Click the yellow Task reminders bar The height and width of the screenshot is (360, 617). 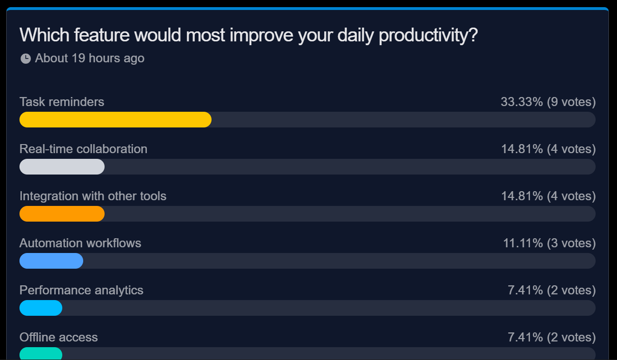click(x=115, y=120)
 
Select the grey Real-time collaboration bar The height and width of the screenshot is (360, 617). click(x=62, y=167)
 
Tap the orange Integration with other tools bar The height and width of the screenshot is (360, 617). click(x=62, y=214)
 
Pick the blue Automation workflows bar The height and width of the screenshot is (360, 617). click(x=51, y=261)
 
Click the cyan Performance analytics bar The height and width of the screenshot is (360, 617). click(x=41, y=308)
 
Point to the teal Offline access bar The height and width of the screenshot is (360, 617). click(x=41, y=354)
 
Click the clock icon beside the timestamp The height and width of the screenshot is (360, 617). click(x=26, y=58)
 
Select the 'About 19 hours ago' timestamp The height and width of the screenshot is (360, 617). click(x=90, y=58)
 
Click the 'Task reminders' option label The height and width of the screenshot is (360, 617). click(x=62, y=102)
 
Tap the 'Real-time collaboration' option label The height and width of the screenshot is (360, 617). click(x=83, y=149)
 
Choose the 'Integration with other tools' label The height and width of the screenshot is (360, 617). click(x=93, y=196)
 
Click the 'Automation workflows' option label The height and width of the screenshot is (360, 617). click(x=80, y=243)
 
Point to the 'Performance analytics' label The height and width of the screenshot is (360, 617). click(x=81, y=290)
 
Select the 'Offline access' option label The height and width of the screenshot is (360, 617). click(x=58, y=337)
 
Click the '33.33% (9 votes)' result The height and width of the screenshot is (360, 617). click(x=548, y=102)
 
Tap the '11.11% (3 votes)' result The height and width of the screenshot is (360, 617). click(x=549, y=243)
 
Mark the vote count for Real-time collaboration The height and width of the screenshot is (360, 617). click(x=571, y=149)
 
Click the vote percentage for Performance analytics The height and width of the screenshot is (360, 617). click(x=525, y=290)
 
